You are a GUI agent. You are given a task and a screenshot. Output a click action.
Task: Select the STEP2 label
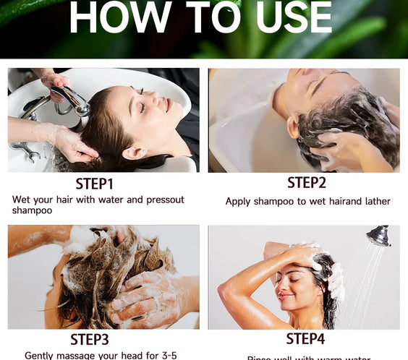click(307, 183)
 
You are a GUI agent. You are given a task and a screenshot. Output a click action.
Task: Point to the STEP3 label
click(99, 338)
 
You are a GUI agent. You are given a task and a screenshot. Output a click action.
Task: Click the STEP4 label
click(306, 338)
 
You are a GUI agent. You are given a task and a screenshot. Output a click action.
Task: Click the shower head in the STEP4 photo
click(378, 236)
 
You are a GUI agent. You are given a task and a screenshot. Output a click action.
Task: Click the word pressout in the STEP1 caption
click(163, 200)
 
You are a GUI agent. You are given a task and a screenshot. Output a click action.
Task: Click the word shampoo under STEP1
click(33, 210)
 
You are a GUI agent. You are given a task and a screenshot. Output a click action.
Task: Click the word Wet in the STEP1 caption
click(22, 200)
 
